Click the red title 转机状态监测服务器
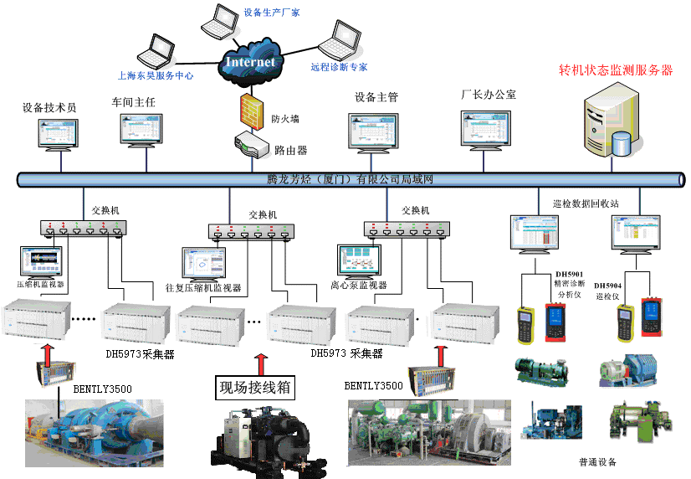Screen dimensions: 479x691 tap(616, 70)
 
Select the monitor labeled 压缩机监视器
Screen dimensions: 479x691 tap(42, 263)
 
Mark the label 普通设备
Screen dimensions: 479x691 tap(596, 461)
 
